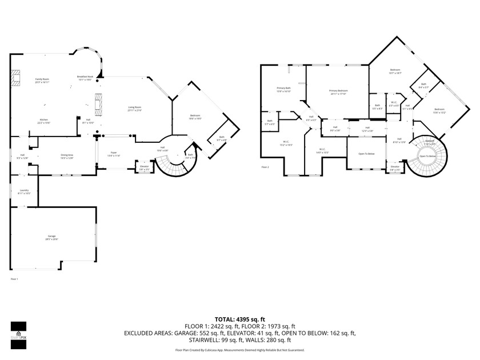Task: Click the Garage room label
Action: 51,238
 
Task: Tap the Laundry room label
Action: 24,191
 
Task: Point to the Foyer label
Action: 113,154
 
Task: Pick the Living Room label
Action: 134,109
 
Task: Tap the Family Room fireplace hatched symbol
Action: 17,78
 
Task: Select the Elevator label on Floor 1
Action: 145,167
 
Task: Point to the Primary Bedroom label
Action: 338,93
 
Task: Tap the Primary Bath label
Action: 284,90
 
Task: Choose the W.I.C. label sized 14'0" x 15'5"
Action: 322,151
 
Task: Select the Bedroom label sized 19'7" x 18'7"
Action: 395,71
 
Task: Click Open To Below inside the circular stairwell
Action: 427,156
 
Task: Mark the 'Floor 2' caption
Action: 265,167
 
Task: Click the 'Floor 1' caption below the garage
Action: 14,279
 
